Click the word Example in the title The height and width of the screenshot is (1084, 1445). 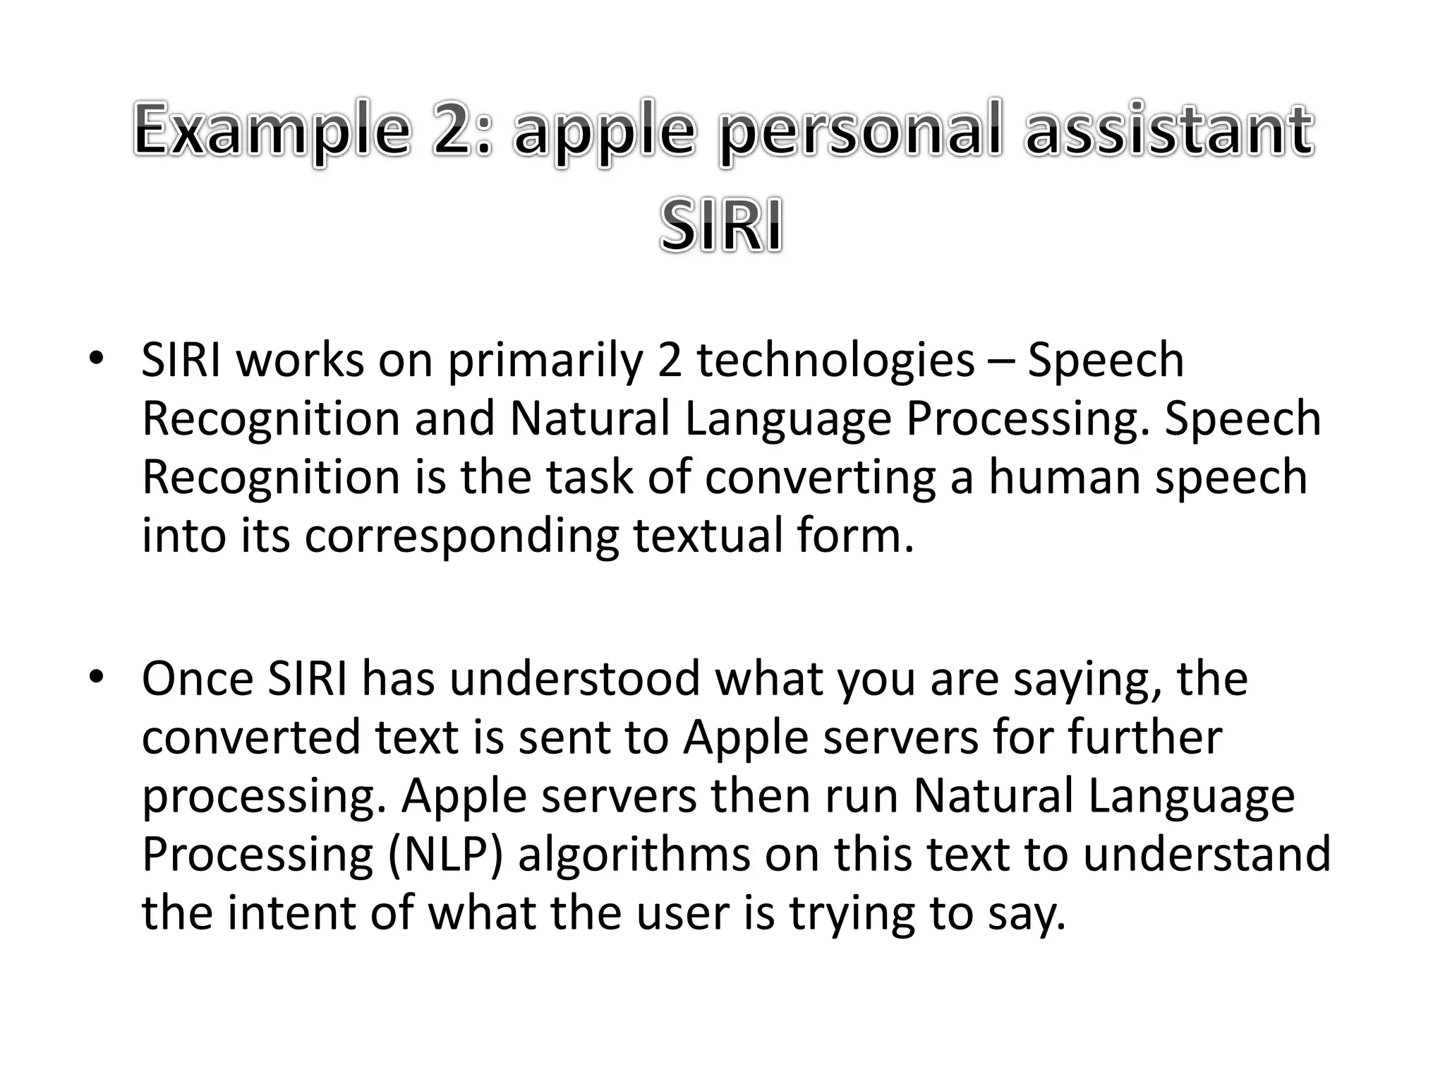point(272,131)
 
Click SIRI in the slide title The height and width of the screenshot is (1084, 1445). point(721,226)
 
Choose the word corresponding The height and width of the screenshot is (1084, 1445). point(461,536)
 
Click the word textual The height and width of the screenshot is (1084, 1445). point(708,536)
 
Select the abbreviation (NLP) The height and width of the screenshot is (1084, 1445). point(445,855)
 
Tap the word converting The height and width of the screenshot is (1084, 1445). point(820,477)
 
